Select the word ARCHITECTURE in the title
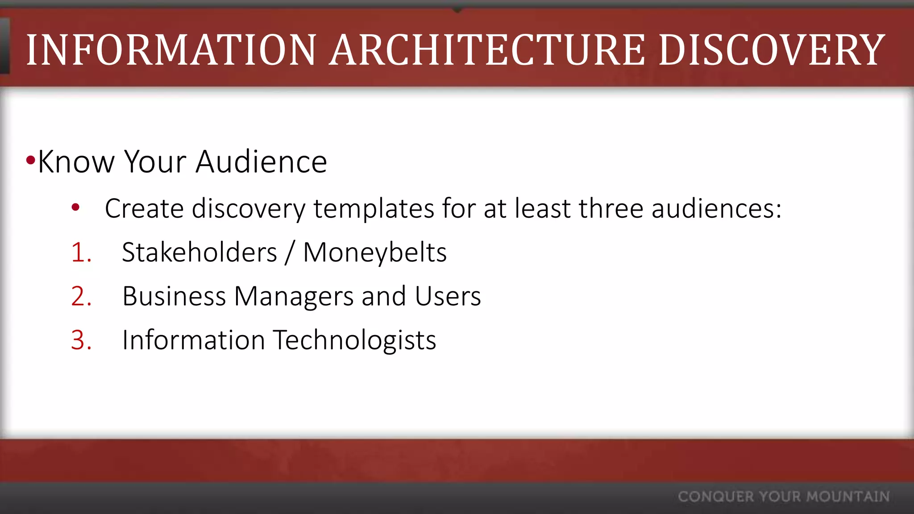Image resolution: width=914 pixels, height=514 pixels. (487, 50)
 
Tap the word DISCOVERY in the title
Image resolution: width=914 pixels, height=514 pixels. (772, 50)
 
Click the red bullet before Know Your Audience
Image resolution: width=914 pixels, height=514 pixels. (30, 160)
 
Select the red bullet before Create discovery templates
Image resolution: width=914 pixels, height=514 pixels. (75, 207)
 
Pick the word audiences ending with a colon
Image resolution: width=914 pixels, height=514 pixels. (716, 208)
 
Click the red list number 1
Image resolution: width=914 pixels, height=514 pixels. (81, 253)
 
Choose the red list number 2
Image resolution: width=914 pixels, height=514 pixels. (81, 296)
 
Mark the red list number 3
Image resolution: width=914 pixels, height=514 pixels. (81, 340)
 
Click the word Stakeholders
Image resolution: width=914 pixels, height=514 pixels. (199, 252)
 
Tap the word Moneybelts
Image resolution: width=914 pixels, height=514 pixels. (375, 253)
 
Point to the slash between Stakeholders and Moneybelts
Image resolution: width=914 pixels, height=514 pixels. (290, 253)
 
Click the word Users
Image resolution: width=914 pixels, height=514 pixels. (448, 296)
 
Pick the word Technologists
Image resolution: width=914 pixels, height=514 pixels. (354, 340)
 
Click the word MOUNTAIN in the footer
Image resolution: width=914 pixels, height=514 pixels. (848, 497)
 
